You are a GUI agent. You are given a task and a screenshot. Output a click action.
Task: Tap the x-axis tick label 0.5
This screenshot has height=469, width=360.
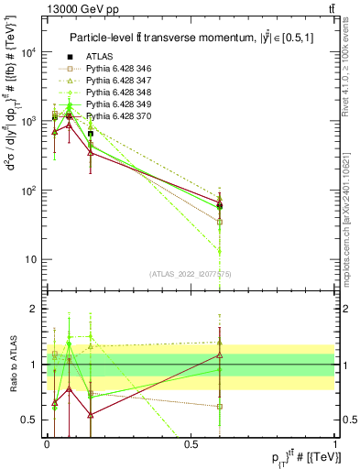pyautogui.click(x=191, y=443)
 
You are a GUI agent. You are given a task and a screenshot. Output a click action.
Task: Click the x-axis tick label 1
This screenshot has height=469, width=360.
pyautogui.click(x=335, y=443)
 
